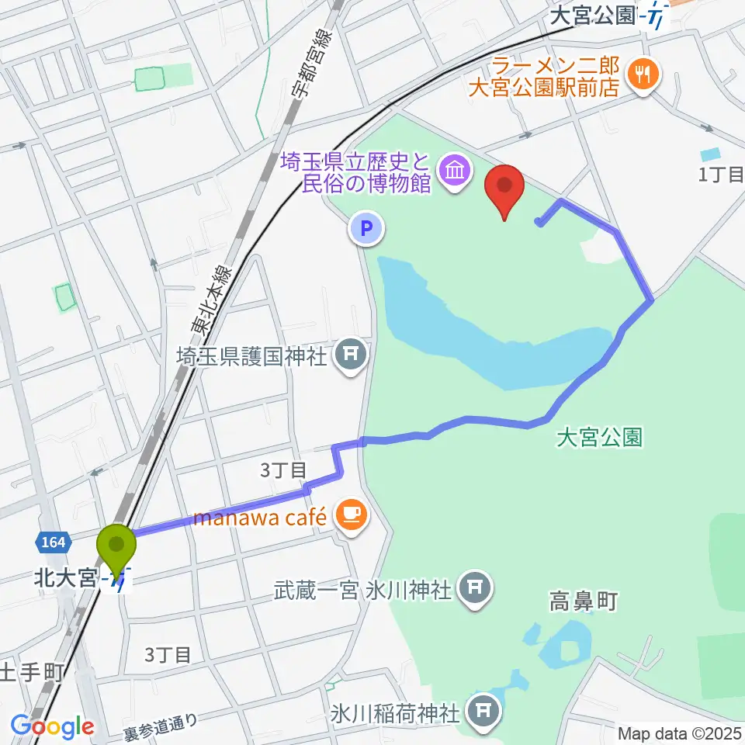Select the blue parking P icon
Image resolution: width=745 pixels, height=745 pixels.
(367, 228)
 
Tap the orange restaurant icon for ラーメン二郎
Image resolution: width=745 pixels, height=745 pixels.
(644, 74)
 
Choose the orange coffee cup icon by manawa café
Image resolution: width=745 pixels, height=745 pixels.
(352, 515)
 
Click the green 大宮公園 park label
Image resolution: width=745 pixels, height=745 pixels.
(599, 438)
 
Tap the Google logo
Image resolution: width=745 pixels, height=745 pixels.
(52, 726)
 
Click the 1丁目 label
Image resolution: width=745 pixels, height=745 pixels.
(721, 175)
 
